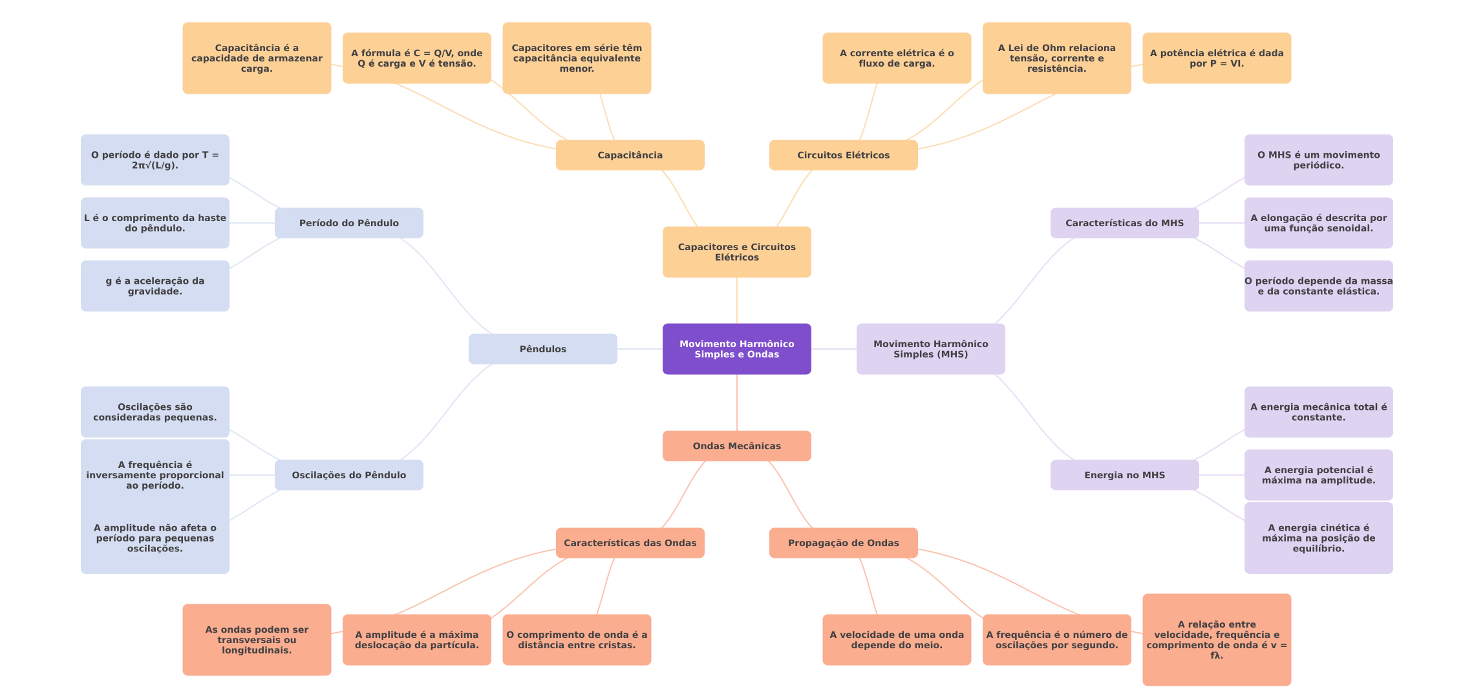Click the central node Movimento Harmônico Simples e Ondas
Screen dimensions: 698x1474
(x=736, y=349)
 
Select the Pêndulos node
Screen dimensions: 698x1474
(x=542, y=349)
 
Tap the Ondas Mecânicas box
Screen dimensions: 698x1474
(x=736, y=446)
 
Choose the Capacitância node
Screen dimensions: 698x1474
(x=630, y=155)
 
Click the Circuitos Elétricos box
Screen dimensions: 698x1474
(x=843, y=155)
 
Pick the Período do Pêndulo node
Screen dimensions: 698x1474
(x=348, y=223)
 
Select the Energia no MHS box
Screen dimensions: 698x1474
(x=1124, y=475)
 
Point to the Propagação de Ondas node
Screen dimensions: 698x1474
(x=843, y=543)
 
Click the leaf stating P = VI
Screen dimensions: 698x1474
(x=1216, y=58)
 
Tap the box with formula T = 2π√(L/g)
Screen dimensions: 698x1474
(x=155, y=160)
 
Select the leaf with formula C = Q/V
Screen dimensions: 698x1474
(x=416, y=58)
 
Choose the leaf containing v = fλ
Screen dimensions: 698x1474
(x=1216, y=640)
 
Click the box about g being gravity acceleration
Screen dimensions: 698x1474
(x=155, y=286)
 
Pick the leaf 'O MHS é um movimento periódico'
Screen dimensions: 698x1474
(x=1318, y=160)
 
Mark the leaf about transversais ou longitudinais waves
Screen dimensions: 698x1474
(x=257, y=640)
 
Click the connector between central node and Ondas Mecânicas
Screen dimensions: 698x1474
(x=737, y=403)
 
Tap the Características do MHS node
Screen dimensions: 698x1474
(x=1124, y=223)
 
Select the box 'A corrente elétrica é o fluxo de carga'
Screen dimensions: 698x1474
(x=896, y=58)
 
